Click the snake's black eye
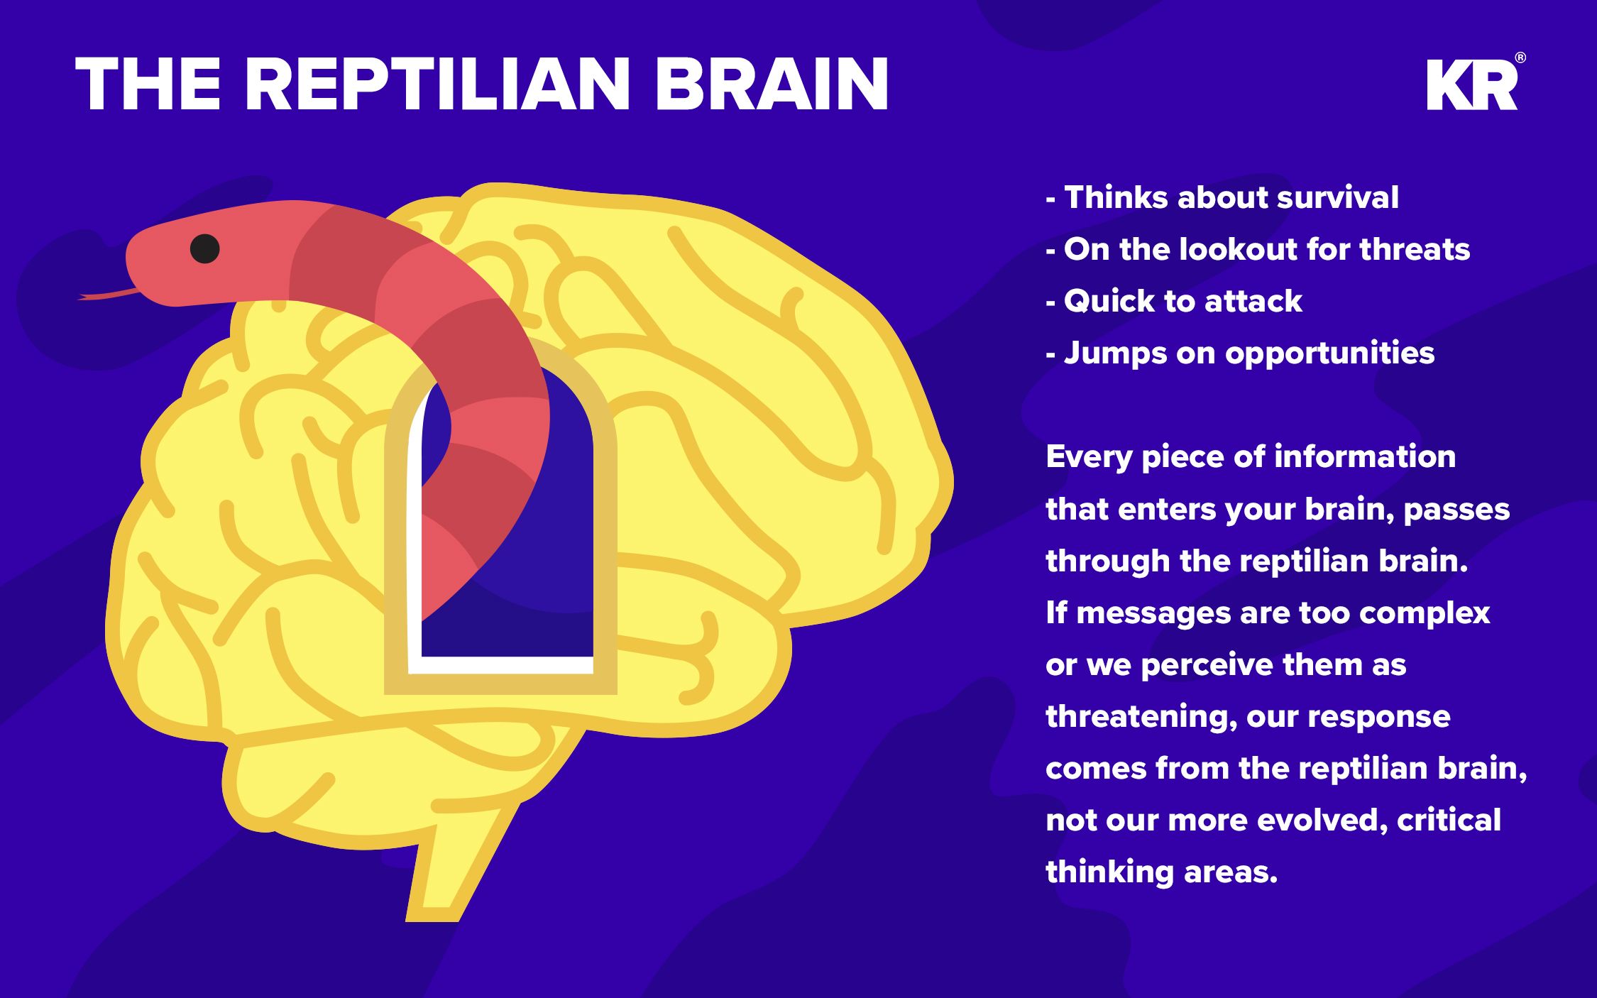(x=204, y=248)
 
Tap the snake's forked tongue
(x=106, y=294)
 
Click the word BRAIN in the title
(x=772, y=84)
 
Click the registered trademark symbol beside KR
(x=1520, y=57)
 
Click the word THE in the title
(x=148, y=84)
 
